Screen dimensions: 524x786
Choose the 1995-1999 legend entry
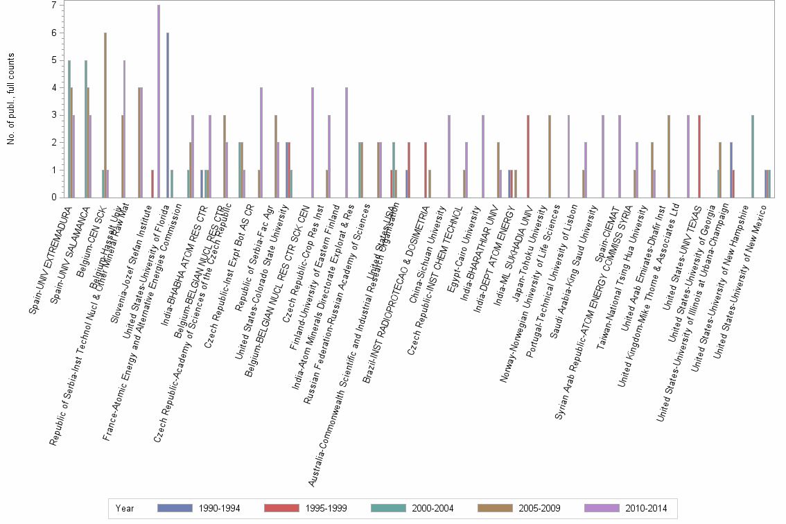pyautogui.click(x=306, y=508)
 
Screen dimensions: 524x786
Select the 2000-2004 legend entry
pyautogui.click(x=412, y=508)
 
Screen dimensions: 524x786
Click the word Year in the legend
pyautogui.click(x=125, y=508)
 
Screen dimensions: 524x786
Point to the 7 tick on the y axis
pyautogui.click(x=53, y=6)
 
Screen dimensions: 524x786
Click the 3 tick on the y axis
pyautogui.click(x=53, y=115)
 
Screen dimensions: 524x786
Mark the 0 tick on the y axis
pyautogui.click(x=53, y=198)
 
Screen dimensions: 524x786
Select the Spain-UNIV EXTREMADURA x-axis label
pyautogui.click(x=51, y=260)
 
